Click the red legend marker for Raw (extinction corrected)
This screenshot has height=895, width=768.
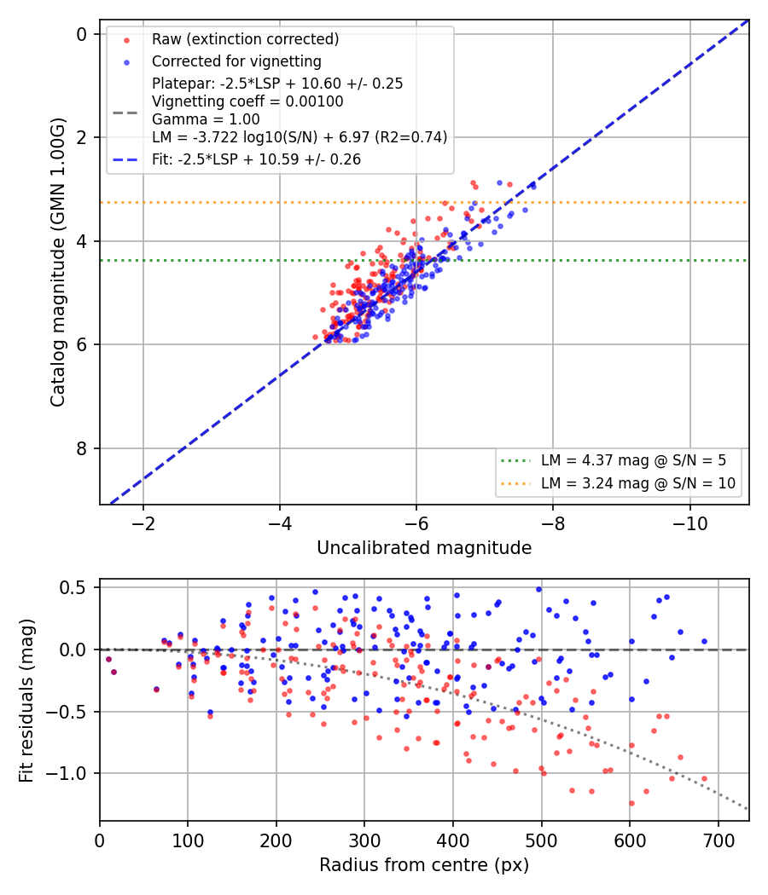[x=127, y=40]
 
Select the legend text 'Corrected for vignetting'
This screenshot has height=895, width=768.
[x=236, y=61]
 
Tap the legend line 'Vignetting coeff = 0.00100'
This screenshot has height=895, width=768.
[x=247, y=101]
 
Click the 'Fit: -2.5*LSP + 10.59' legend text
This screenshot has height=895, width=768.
[x=257, y=159]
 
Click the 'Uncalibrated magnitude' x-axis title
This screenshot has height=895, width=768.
[x=424, y=548]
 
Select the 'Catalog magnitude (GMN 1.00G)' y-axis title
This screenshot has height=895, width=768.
[x=58, y=263]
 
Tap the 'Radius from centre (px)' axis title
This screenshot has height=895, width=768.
[x=424, y=865]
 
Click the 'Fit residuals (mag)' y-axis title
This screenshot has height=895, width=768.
[x=26, y=701]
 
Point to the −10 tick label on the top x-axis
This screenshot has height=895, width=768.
[x=689, y=523]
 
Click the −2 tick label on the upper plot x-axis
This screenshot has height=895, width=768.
[x=143, y=523]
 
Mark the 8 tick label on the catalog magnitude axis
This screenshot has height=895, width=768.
[x=82, y=448]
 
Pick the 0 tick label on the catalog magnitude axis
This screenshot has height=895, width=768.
[x=82, y=34]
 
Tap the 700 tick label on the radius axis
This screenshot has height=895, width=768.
[x=719, y=840]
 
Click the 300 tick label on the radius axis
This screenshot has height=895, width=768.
[x=364, y=840]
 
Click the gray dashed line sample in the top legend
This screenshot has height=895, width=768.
[x=125, y=113]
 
